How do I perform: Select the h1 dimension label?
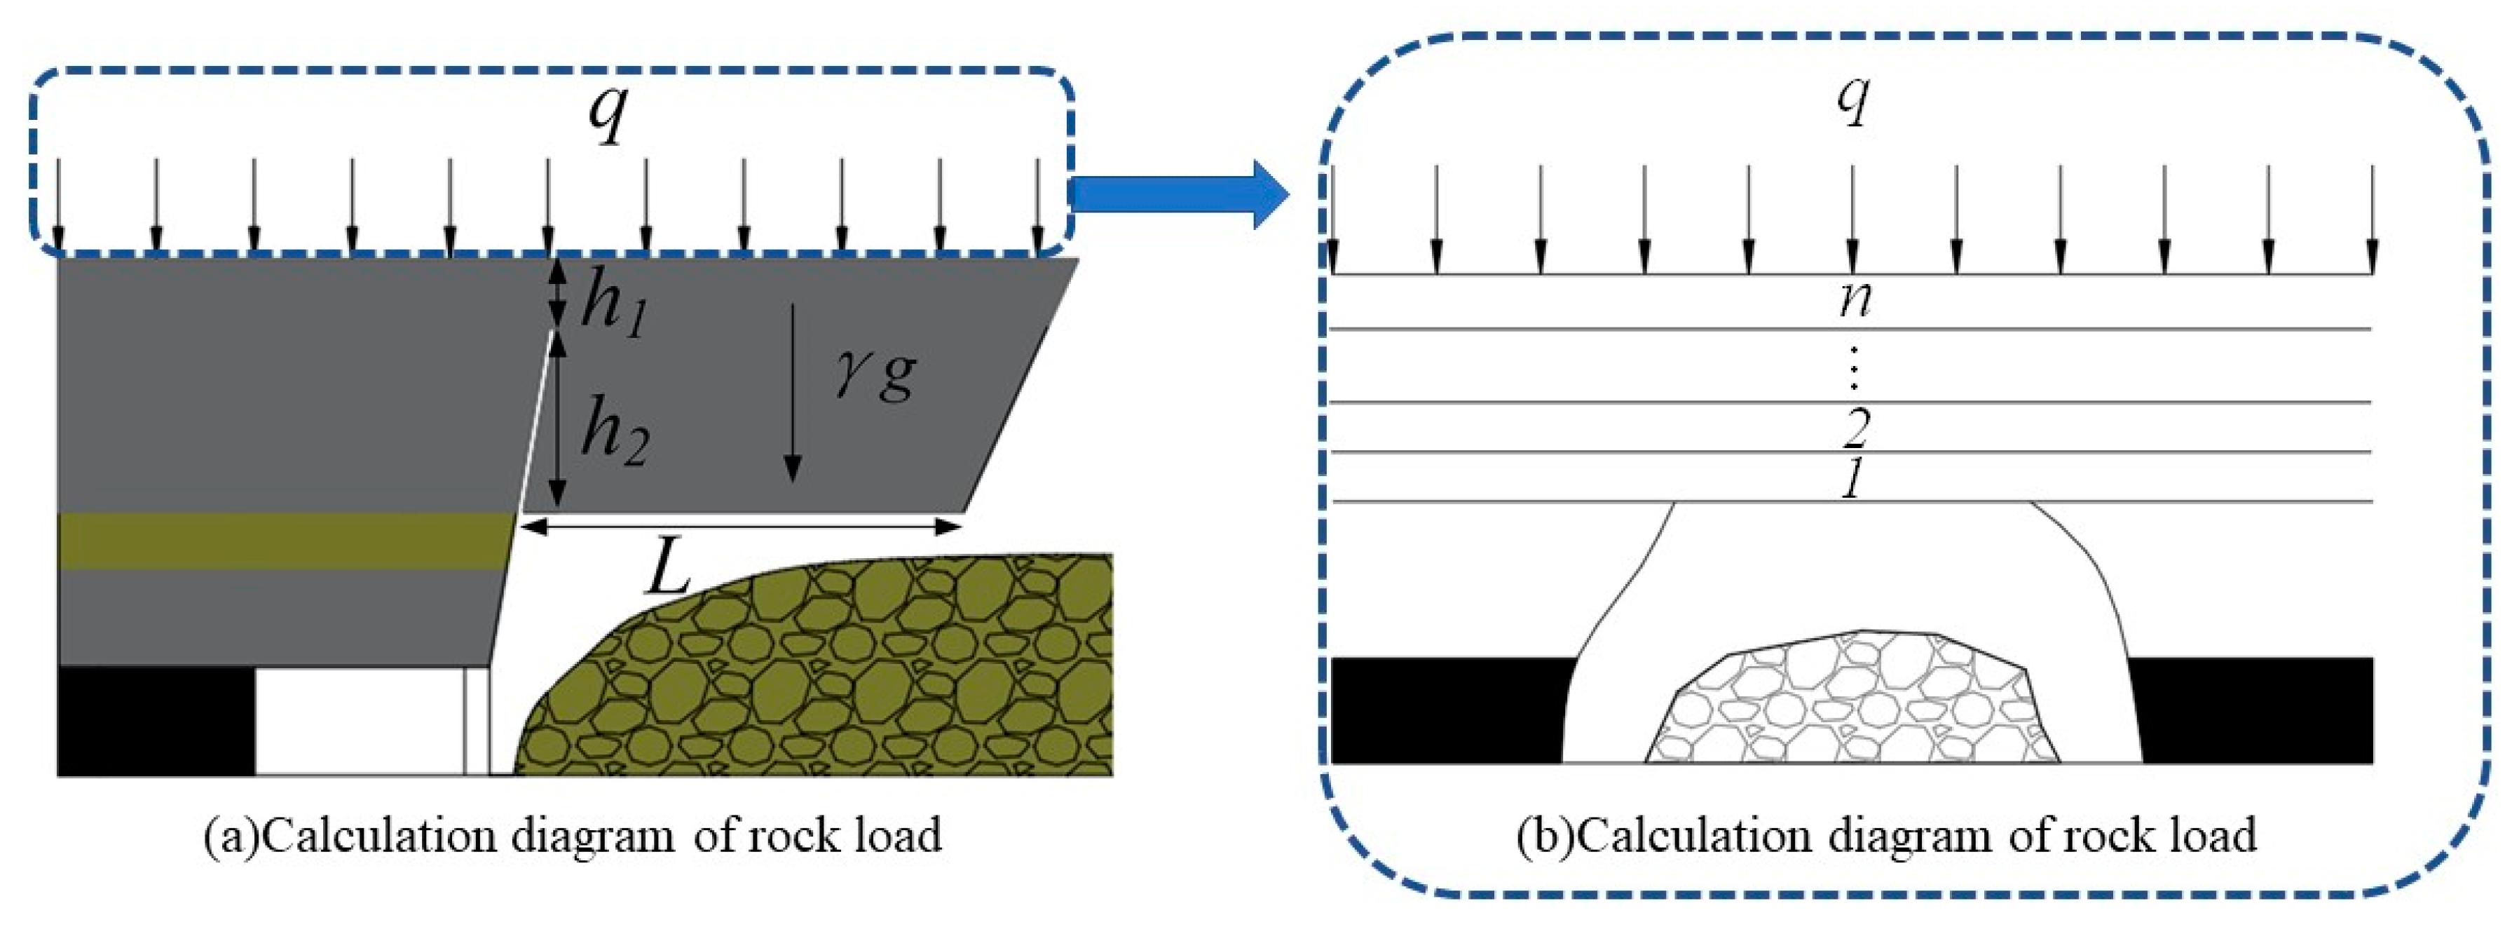(x=614, y=305)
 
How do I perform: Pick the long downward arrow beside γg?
(x=793, y=391)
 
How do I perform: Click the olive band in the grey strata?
(x=284, y=541)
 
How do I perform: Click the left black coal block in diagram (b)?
(x=1447, y=709)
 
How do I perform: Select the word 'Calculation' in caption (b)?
(x=1690, y=835)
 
